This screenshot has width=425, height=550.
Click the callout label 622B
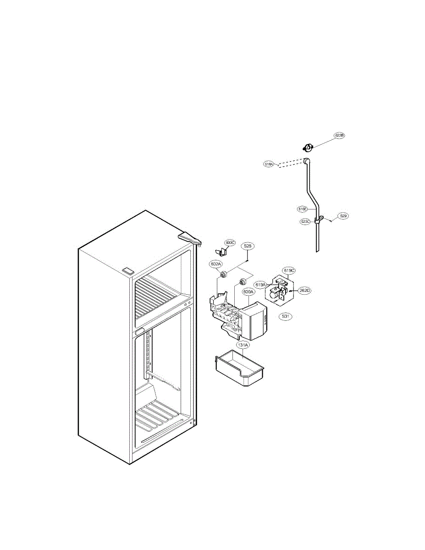[x=339, y=136]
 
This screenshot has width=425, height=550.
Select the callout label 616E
[x=302, y=209]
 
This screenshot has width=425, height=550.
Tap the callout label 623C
[x=305, y=221]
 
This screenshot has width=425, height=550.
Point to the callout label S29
[x=343, y=215]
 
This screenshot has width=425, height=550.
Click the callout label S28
[x=248, y=246]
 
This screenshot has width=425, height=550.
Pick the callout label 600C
[x=230, y=242]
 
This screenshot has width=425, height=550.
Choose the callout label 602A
[x=216, y=264]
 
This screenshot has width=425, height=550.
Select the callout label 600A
[x=248, y=291]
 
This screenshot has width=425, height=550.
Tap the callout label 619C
[x=288, y=270]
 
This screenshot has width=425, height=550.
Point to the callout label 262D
[x=304, y=290]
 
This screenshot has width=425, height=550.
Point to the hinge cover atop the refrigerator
[x=190, y=238]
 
